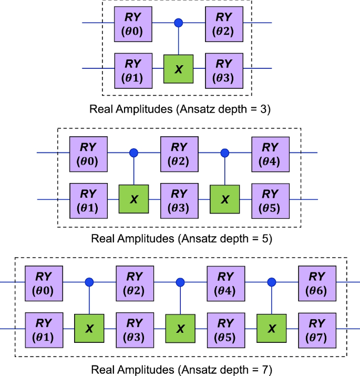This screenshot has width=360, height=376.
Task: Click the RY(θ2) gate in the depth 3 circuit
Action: (x=224, y=24)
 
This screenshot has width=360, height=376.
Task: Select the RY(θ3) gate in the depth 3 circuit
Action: (x=224, y=69)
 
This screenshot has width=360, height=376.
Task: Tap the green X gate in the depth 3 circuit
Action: (x=178, y=69)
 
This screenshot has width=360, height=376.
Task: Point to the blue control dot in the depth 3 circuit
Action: (x=178, y=23)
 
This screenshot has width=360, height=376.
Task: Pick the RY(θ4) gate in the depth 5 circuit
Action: (x=270, y=153)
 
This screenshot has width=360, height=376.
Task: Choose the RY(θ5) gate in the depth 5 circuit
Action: (x=270, y=199)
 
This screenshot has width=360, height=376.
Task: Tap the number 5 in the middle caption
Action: (x=266, y=238)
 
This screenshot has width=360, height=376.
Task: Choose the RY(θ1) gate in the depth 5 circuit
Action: (x=88, y=199)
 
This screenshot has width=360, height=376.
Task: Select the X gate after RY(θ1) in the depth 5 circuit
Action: (x=133, y=199)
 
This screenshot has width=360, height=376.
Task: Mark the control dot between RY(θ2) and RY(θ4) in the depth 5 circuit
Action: (x=225, y=153)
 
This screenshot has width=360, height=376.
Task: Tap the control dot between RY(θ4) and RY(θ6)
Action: (x=272, y=282)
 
